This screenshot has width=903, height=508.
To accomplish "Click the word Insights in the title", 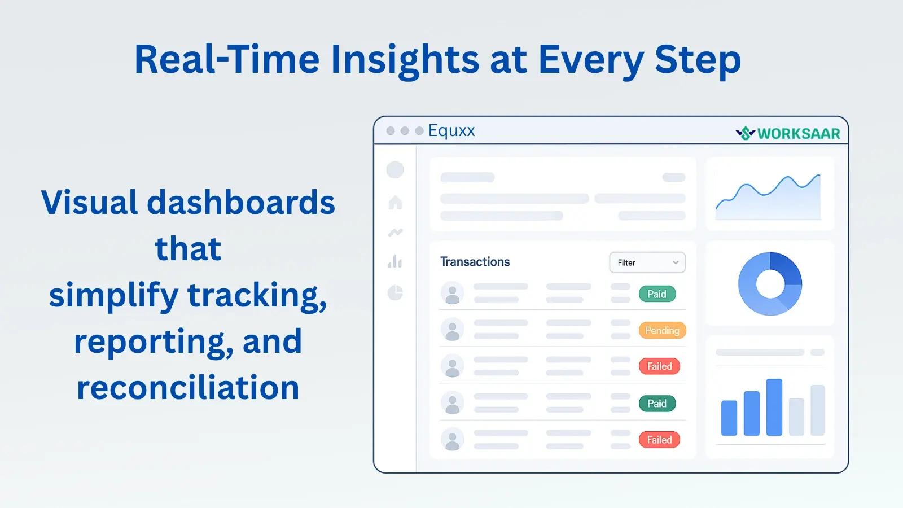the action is (x=404, y=60).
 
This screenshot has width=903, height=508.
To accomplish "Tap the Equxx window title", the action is (x=451, y=130).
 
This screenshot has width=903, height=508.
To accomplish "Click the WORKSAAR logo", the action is (x=788, y=133).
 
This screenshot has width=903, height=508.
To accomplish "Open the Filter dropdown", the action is (x=647, y=262).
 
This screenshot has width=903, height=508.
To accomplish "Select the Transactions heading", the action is (x=475, y=262).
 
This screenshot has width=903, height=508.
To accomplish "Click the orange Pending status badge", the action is (x=663, y=330).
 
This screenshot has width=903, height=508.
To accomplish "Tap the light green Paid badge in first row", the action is (x=657, y=294).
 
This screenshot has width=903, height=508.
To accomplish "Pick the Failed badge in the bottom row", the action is (x=660, y=440).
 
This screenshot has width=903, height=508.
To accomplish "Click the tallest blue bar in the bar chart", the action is (x=774, y=407).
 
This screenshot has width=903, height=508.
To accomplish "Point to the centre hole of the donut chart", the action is (x=770, y=284).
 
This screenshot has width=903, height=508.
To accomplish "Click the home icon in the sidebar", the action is (x=396, y=203).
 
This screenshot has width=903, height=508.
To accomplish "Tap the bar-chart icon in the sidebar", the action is (x=395, y=262).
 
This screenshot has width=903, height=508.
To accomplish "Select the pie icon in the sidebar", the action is (x=395, y=292).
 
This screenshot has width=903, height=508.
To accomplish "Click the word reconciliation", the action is (x=188, y=387).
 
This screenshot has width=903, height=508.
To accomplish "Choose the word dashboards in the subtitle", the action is (x=240, y=202).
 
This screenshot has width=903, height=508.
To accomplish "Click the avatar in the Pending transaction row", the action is (x=452, y=329).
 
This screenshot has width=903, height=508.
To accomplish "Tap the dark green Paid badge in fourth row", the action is (x=657, y=403).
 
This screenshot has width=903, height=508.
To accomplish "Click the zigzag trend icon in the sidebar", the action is (x=396, y=232).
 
